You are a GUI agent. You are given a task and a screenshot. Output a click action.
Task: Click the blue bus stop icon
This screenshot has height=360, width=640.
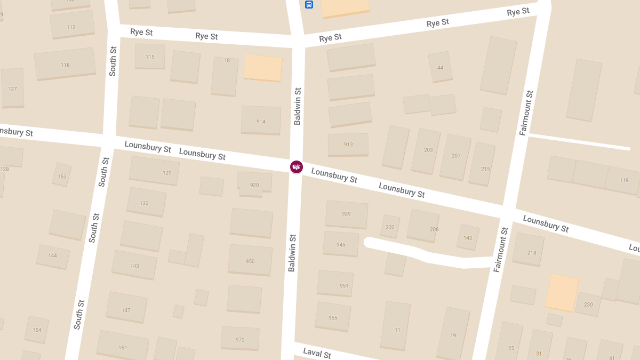coord(309,5)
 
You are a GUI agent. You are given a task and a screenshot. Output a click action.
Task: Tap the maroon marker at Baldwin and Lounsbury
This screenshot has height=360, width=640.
coord(297,167)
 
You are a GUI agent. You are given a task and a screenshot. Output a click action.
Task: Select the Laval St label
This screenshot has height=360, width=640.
coord(317,353)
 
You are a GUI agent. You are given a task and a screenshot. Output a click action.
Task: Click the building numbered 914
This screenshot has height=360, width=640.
coord(261,120)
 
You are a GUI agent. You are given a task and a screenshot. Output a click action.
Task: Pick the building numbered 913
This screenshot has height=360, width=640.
coord(348,145)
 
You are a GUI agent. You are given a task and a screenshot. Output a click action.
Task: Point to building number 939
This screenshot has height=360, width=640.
coord(346,214)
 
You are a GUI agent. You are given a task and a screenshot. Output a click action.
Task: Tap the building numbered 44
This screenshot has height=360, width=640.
coord(440,67)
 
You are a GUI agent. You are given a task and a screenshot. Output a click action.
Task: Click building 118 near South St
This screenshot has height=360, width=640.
coord(65,64)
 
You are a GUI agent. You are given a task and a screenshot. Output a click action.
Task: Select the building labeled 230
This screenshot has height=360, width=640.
coord(588,304)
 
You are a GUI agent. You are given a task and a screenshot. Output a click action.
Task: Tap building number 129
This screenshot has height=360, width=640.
coord(155,171)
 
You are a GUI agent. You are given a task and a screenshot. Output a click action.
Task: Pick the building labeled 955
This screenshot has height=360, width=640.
coord(333,317)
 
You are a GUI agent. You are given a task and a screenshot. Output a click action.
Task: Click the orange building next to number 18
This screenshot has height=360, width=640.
coord(263,68)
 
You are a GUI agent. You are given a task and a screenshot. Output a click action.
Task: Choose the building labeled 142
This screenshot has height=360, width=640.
coord(468,237)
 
